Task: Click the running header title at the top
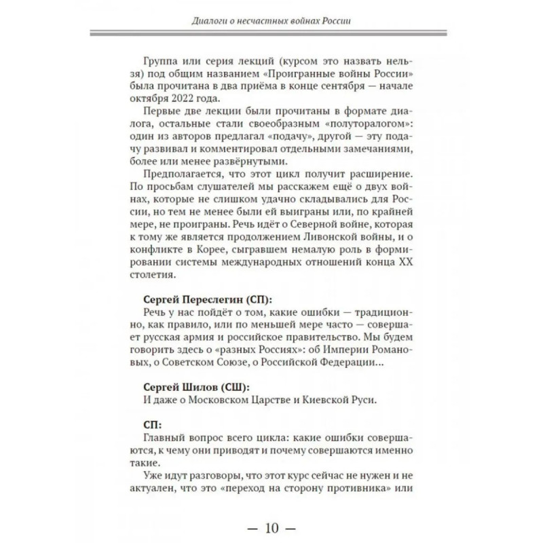pyautogui.click(x=271, y=20)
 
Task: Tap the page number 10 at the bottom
pyautogui.click(x=271, y=526)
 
